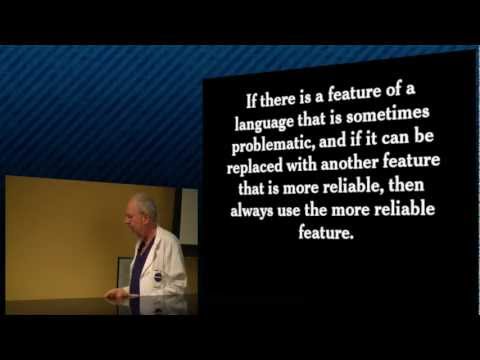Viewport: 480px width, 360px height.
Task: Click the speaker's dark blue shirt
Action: (x=138, y=265)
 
